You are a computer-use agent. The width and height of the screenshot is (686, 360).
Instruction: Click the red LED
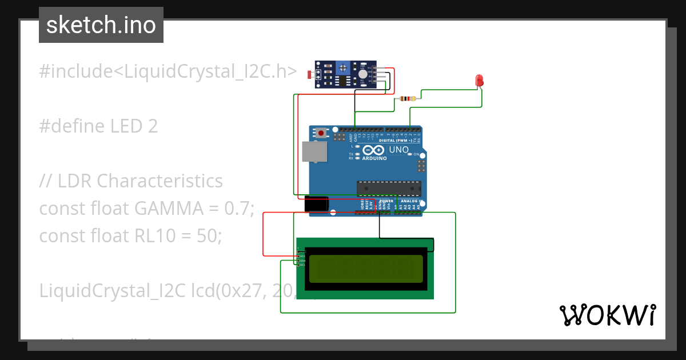click(x=480, y=81)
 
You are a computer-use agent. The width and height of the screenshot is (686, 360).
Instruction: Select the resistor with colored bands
click(x=406, y=99)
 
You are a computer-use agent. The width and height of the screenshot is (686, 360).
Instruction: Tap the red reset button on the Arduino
click(x=322, y=133)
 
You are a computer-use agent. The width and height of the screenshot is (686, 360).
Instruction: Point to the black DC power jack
click(x=316, y=205)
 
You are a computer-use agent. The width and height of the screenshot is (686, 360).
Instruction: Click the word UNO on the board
click(x=399, y=150)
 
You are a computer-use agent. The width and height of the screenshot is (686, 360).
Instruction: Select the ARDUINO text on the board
click(x=374, y=158)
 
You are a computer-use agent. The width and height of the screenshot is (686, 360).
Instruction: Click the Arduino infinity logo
click(x=374, y=149)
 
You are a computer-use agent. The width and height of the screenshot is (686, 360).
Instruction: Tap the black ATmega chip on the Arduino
click(x=389, y=188)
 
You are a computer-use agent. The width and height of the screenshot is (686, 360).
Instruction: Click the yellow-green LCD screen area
click(x=366, y=269)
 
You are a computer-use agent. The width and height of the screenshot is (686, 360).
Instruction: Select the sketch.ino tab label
click(x=101, y=25)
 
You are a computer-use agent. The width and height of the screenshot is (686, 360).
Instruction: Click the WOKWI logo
click(x=607, y=315)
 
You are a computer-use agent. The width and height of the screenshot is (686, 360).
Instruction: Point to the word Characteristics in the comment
click(x=159, y=181)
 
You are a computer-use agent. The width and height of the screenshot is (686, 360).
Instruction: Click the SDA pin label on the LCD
click(x=302, y=261)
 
